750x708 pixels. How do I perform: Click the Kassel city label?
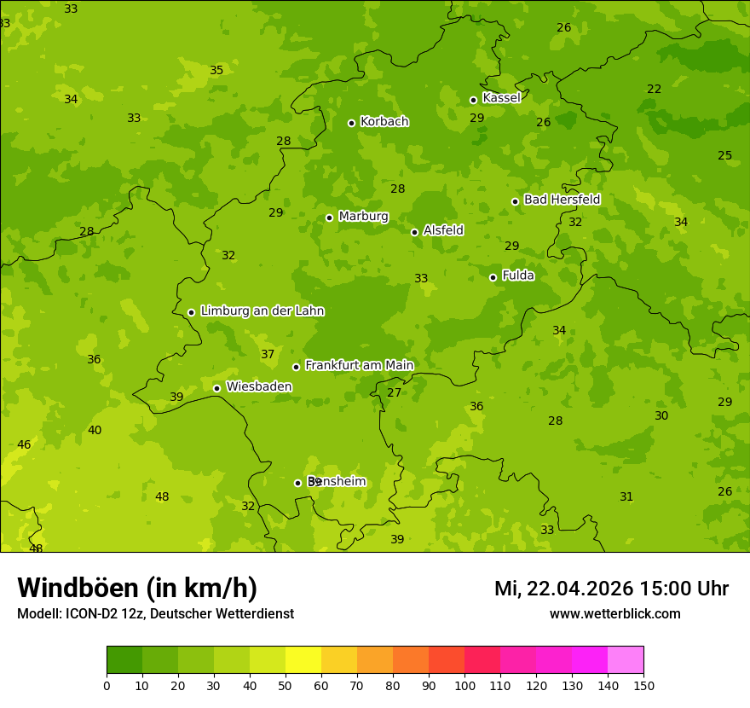[x=501, y=98]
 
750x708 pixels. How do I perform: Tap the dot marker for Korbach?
[x=351, y=123]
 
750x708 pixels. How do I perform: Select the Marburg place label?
[x=363, y=217]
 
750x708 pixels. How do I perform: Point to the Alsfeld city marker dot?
[x=414, y=232]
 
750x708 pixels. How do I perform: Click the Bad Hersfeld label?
[x=562, y=200]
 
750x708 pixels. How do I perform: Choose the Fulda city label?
[x=518, y=276]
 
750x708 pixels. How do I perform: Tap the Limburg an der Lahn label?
[x=262, y=311]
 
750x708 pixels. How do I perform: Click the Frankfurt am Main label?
[x=359, y=365]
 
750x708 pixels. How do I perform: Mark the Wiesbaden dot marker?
[x=216, y=388]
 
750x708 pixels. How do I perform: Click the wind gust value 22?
[x=654, y=89]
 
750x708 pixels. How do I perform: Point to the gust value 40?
[x=95, y=430]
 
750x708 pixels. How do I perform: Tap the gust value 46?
[x=24, y=444]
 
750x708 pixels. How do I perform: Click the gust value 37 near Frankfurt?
[x=268, y=354]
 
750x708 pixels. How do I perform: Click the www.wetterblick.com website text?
[x=614, y=613]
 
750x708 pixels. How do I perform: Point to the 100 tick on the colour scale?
[x=464, y=684]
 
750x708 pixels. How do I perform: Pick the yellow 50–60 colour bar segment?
[x=303, y=660]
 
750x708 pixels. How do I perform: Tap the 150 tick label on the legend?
[x=643, y=684]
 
